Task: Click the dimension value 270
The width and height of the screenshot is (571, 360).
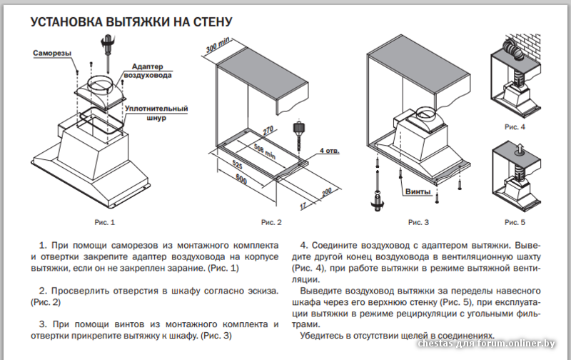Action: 267,131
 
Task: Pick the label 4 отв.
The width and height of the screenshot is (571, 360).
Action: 330,151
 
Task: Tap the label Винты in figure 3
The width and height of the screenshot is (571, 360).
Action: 418,191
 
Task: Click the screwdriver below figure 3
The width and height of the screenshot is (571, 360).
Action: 376,196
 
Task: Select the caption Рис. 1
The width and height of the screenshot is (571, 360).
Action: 104,222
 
